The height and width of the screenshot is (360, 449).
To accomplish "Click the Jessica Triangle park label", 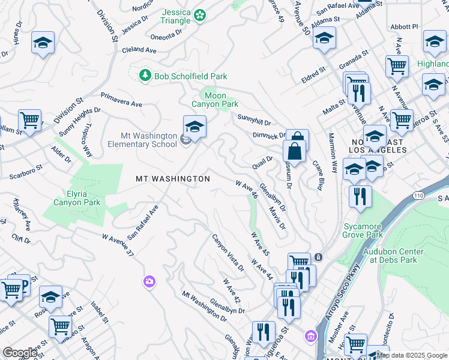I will (176, 17).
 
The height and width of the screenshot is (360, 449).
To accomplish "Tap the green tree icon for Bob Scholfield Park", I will (144, 75).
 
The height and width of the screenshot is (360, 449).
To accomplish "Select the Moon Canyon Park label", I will (214, 100).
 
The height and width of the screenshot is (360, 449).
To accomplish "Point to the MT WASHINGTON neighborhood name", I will (173, 179).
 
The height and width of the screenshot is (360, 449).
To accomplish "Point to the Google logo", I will (20, 352).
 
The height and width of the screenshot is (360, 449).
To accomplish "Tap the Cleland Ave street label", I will (136, 50).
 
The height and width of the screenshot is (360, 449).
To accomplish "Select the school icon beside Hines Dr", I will (42, 43).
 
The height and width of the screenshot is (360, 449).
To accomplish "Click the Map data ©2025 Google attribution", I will (412, 355).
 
